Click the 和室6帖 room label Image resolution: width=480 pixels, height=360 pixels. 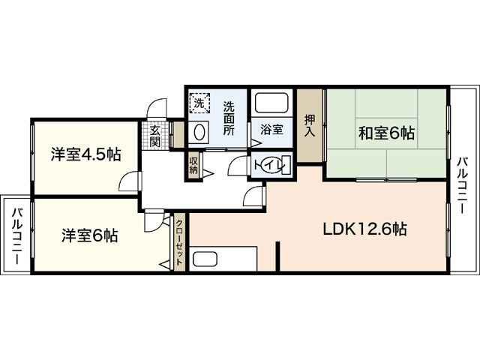point(385,133)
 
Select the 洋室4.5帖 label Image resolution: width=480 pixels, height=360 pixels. point(85,154)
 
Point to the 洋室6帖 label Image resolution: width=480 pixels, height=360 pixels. point(89,235)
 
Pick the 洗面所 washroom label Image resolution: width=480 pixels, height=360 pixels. point(229,118)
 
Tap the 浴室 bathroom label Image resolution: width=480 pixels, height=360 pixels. point(271,129)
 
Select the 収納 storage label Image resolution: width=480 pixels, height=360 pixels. point(193,164)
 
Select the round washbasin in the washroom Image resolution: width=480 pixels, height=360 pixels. point(199,133)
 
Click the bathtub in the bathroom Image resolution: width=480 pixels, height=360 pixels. point(271,103)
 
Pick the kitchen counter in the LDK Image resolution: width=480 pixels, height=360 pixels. point(223,259)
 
